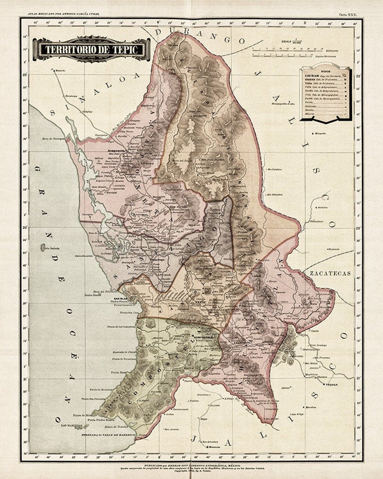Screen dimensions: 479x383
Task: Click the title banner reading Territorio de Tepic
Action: (91, 49)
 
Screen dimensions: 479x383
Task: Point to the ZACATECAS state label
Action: (330, 273)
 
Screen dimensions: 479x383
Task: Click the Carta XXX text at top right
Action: (348, 15)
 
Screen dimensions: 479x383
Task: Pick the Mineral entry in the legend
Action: (309, 114)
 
